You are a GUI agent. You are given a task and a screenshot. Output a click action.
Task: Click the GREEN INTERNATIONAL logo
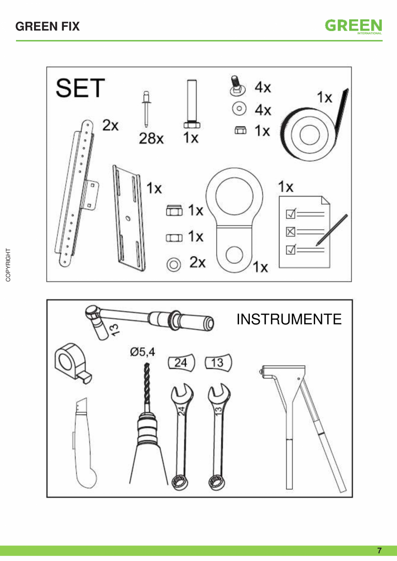tap(353, 27)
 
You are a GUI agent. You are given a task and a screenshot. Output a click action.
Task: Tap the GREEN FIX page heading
tap(47, 26)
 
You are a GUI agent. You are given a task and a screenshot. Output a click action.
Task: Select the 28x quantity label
tap(151, 138)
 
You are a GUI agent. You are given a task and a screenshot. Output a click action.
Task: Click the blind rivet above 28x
tap(146, 109)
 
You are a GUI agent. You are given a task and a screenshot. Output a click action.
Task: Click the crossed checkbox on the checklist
tap(290, 232)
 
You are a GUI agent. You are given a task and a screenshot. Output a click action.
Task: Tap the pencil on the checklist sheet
tap(332, 230)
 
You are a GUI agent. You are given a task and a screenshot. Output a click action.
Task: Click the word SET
tap(80, 88)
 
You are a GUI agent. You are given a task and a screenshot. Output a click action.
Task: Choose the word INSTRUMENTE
tap(289, 319)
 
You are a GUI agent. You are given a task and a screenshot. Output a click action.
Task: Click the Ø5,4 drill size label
tap(142, 352)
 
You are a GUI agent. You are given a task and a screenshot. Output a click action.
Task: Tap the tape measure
tap(73, 363)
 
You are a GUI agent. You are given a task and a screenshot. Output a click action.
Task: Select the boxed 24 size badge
tap(181, 362)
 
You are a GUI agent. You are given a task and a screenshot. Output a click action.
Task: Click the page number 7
tap(379, 551)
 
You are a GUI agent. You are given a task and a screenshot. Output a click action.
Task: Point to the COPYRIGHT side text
tap(8, 265)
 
